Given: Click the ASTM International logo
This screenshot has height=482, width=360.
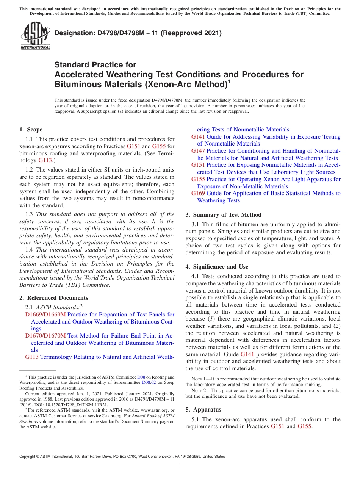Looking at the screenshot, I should tap(35, 36).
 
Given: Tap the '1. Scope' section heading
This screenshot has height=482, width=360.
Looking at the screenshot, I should tap(31, 130).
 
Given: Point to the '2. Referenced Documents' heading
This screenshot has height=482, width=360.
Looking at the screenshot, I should tap(54, 298).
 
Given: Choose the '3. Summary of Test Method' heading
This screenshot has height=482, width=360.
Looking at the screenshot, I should tap(223, 214).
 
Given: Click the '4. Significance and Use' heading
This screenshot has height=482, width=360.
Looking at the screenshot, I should tap(217, 267).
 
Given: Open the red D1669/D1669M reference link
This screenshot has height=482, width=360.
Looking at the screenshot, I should tap(45, 315).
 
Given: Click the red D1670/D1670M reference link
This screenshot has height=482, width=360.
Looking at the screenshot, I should tap(45, 336).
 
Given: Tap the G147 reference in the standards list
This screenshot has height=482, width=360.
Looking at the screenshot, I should tap(198, 151).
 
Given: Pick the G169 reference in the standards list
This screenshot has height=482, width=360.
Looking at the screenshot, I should tap(198, 193).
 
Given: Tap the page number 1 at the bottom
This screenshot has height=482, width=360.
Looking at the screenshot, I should tap(180, 466).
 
